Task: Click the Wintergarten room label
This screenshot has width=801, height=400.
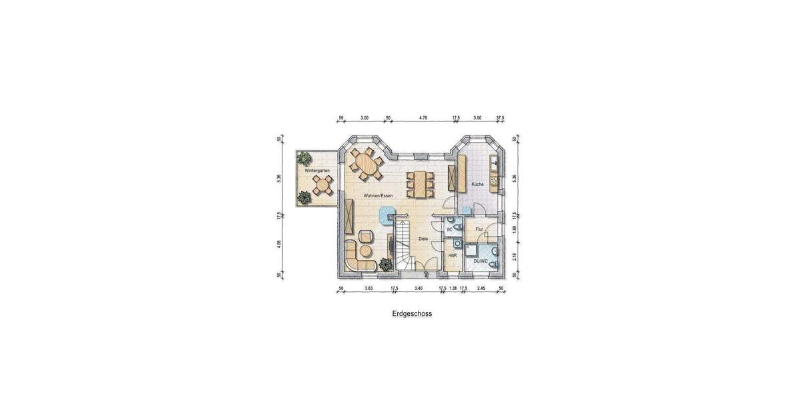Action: (x=317, y=171)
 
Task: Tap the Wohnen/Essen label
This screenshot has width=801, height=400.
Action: (x=378, y=196)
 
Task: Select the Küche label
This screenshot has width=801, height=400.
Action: (x=477, y=183)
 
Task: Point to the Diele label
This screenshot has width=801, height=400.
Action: (x=423, y=239)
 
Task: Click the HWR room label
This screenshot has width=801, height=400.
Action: (x=452, y=255)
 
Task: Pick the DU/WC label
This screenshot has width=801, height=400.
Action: (x=480, y=261)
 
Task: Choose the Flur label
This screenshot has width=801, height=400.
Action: (x=479, y=229)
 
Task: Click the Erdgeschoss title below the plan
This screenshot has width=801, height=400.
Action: (x=412, y=313)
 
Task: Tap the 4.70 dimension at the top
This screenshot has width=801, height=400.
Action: (x=423, y=118)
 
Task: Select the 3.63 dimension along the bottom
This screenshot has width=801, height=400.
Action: (x=368, y=288)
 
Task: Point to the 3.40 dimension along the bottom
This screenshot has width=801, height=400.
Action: (x=419, y=288)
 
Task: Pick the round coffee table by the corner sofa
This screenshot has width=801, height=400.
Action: (x=366, y=251)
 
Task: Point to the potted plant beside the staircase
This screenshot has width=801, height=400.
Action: (x=385, y=265)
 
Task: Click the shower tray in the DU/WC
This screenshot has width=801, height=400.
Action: (x=473, y=251)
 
